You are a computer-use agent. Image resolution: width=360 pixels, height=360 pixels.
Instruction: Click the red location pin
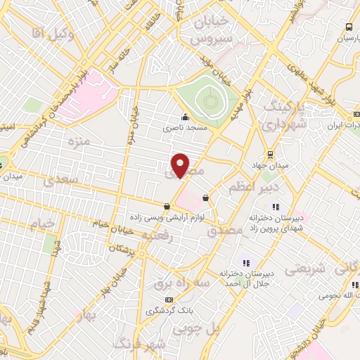tap(181, 165)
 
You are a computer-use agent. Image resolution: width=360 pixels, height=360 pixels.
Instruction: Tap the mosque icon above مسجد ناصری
tap(185, 117)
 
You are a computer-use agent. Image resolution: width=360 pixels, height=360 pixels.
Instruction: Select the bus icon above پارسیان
tap(349, 27)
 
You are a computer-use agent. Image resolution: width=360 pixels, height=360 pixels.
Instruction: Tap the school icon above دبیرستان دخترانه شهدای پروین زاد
tap(276, 207)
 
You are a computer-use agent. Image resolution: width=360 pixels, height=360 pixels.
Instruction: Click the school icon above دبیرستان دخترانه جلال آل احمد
tap(246, 262)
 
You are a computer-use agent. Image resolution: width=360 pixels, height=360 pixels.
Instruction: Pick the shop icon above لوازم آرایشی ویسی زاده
tap(167, 206)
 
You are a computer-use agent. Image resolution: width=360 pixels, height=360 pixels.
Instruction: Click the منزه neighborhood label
tap(77, 143)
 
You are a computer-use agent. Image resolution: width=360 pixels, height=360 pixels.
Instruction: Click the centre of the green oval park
tap(209, 103)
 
